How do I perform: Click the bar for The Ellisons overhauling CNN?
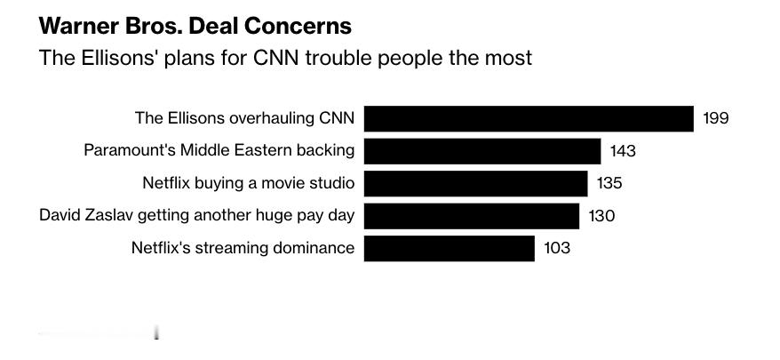coord(529,118)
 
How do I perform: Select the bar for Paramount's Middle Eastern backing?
coord(482,151)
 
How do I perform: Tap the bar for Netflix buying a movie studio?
coord(476,183)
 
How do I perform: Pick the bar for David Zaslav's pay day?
coord(472,216)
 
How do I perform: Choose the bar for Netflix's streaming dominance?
coord(450,248)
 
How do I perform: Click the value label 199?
coord(715,118)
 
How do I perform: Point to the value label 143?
coord(623,151)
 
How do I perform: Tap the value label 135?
coord(609,183)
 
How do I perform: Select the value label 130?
coord(601,216)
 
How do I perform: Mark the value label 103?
coord(557,248)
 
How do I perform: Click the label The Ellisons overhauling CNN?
coord(244,118)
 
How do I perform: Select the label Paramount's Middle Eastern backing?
coord(219,150)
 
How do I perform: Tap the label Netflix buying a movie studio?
coord(249,183)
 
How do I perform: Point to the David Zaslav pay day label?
coord(197,215)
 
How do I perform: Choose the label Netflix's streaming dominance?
coord(243,248)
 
